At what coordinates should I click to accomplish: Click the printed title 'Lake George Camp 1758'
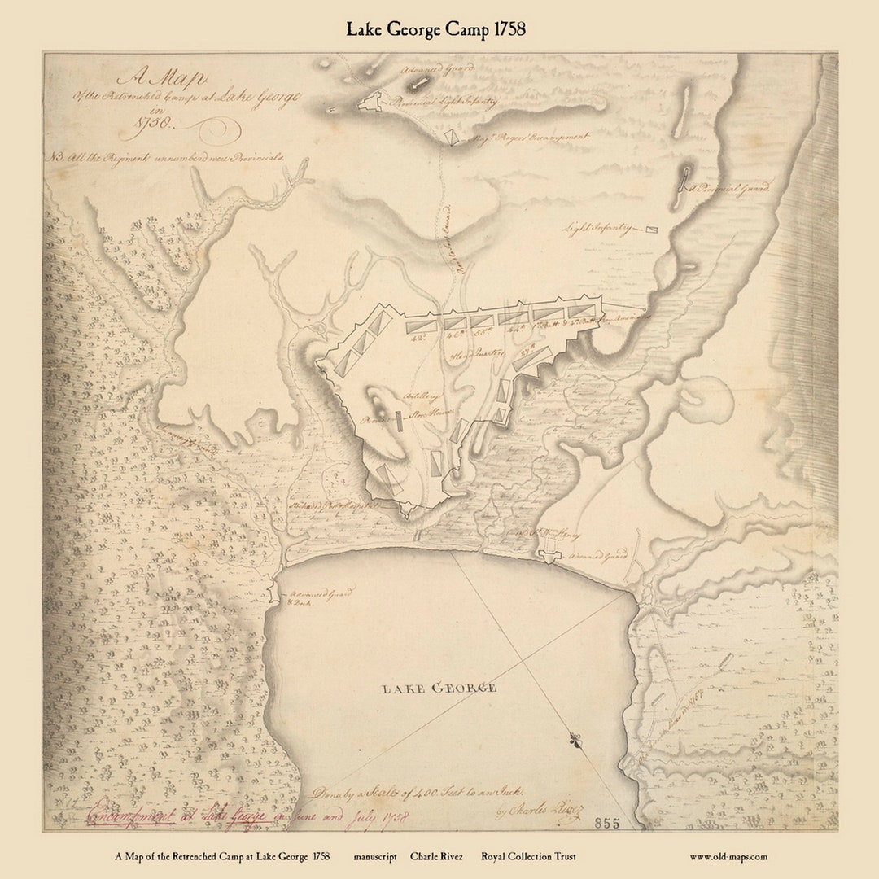(435, 29)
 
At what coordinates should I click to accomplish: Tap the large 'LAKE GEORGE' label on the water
(439, 689)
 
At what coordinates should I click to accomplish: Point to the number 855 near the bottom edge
(606, 823)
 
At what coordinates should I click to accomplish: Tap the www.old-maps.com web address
(728, 856)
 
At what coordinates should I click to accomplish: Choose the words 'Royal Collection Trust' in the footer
(528, 856)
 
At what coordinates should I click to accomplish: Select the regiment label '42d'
(421, 336)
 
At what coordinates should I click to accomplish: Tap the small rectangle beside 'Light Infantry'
(652, 230)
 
